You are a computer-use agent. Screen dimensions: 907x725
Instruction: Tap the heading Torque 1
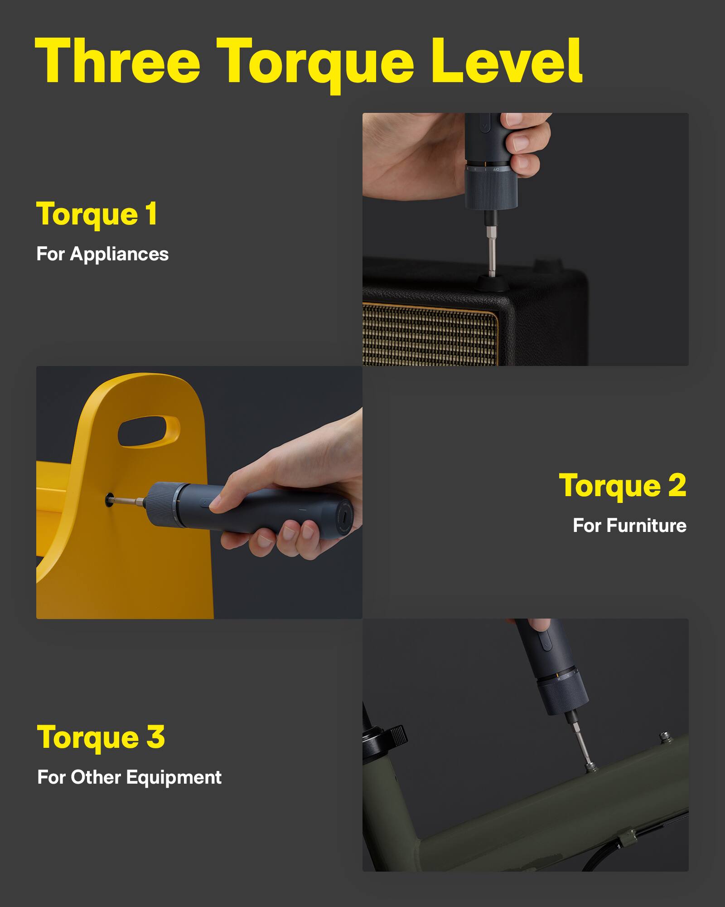(97, 214)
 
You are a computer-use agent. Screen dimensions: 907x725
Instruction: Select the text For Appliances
(102, 254)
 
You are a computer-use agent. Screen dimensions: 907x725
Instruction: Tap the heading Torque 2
(622, 486)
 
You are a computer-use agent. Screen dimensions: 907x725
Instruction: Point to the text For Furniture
(629, 526)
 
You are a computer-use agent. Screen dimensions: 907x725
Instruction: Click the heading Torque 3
(101, 737)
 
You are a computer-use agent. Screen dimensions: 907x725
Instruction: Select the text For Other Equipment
(129, 777)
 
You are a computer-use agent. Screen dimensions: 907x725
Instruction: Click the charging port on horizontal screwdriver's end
(345, 517)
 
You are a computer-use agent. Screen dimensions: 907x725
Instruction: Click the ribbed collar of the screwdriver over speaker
(492, 190)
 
